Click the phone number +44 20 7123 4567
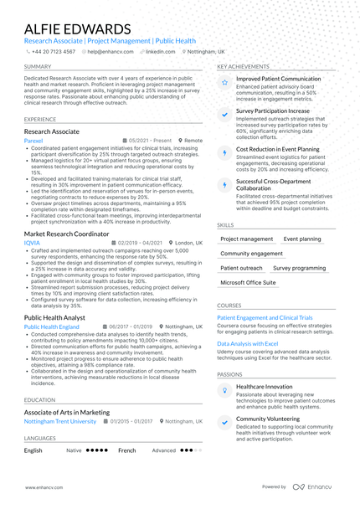pos(54,51)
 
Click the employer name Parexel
pos(33,141)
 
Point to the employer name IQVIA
pos(31,243)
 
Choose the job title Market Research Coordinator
pos(72,233)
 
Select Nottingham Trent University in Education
pos(60,421)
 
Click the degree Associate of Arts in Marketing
pos(67,412)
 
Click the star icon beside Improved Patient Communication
pos(224,82)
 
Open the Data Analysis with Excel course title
pos(247,343)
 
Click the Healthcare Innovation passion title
pos(264,386)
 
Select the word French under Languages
pos(126,450)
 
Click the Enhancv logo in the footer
pos(321,486)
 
